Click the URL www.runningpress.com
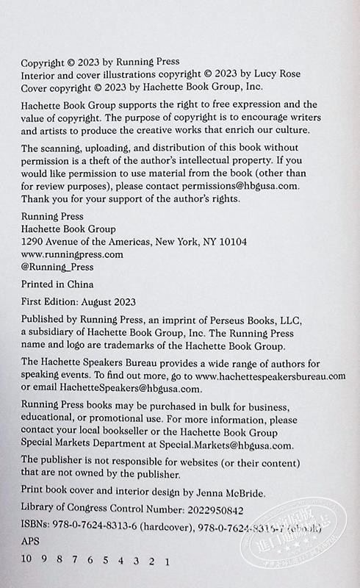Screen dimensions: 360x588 click(72, 254)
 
